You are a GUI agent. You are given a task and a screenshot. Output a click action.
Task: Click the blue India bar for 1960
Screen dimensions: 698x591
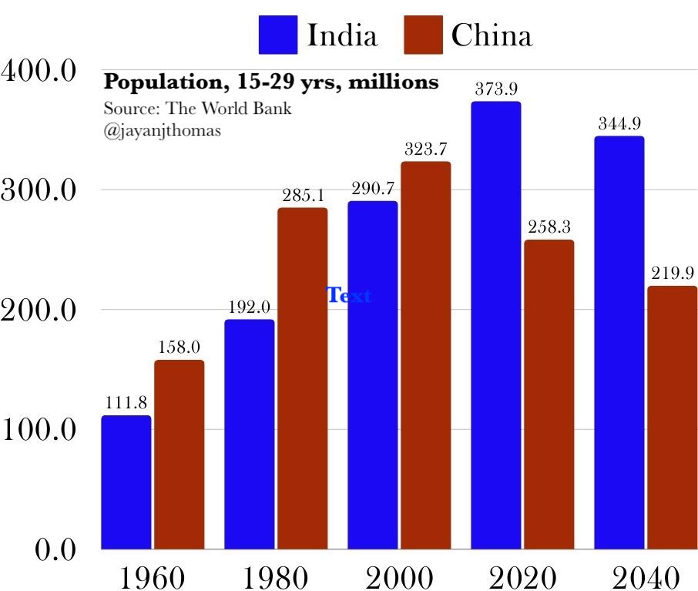coord(126,482)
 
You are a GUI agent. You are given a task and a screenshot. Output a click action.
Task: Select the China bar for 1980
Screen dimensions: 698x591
coord(303,378)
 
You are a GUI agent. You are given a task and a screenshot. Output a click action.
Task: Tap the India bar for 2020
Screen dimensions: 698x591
coord(496,325)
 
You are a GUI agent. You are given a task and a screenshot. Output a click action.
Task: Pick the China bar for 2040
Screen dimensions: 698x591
coord(672,418)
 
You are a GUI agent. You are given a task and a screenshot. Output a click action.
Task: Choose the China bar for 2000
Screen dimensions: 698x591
coord(426,355)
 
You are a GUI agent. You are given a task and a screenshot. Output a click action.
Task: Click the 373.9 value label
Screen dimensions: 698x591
coord(496,89)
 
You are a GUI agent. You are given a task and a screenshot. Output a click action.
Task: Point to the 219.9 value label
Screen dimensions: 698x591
coord(673,273)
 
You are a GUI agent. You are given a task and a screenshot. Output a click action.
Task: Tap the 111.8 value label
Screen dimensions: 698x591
coord(126,403)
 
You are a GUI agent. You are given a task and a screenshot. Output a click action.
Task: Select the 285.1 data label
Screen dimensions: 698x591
coord(303,195)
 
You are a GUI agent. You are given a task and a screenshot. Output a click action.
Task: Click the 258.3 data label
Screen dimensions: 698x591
coord(549,227)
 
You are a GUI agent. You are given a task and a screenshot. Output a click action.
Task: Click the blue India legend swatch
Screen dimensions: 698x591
coord(278,35)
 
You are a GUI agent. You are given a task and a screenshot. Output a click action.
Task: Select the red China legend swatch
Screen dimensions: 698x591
coord(423,35)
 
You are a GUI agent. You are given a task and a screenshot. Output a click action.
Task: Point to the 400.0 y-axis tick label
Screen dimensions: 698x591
coord(39,70)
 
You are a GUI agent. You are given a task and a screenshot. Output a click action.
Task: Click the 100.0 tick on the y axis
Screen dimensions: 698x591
coord(39,430)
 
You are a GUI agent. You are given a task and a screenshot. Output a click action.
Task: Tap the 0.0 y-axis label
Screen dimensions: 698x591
coord(55,549)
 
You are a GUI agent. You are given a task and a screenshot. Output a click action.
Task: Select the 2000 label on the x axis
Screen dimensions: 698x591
coord(399,577)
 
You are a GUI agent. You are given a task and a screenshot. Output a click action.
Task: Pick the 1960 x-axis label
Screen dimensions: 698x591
coord(153,577)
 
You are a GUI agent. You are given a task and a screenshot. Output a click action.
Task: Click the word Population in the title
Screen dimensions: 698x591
coord(163,82)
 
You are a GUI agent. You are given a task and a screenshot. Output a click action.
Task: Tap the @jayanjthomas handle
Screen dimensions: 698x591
coord(162,131)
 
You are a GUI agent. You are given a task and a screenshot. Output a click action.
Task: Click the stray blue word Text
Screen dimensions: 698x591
coord(349,295)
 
